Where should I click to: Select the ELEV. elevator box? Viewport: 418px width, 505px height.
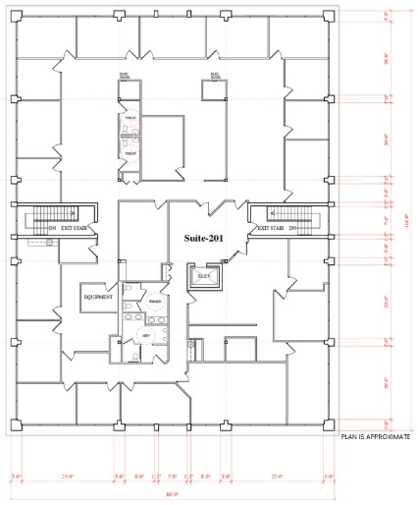click(204, 278)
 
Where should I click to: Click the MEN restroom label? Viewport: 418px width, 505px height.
click(144, 335)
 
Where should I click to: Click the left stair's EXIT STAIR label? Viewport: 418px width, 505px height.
click(74, 227)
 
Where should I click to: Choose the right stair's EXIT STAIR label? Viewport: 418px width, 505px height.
click(271, 227)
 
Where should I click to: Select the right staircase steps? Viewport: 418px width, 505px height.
click(293, 215)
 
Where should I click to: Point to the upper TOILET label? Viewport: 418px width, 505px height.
click(129, 118)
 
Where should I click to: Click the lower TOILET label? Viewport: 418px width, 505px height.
click(129, 154)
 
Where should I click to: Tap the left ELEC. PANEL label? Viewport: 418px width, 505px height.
click(125, 75)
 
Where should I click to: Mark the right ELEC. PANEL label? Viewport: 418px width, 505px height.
click(211, 75)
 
